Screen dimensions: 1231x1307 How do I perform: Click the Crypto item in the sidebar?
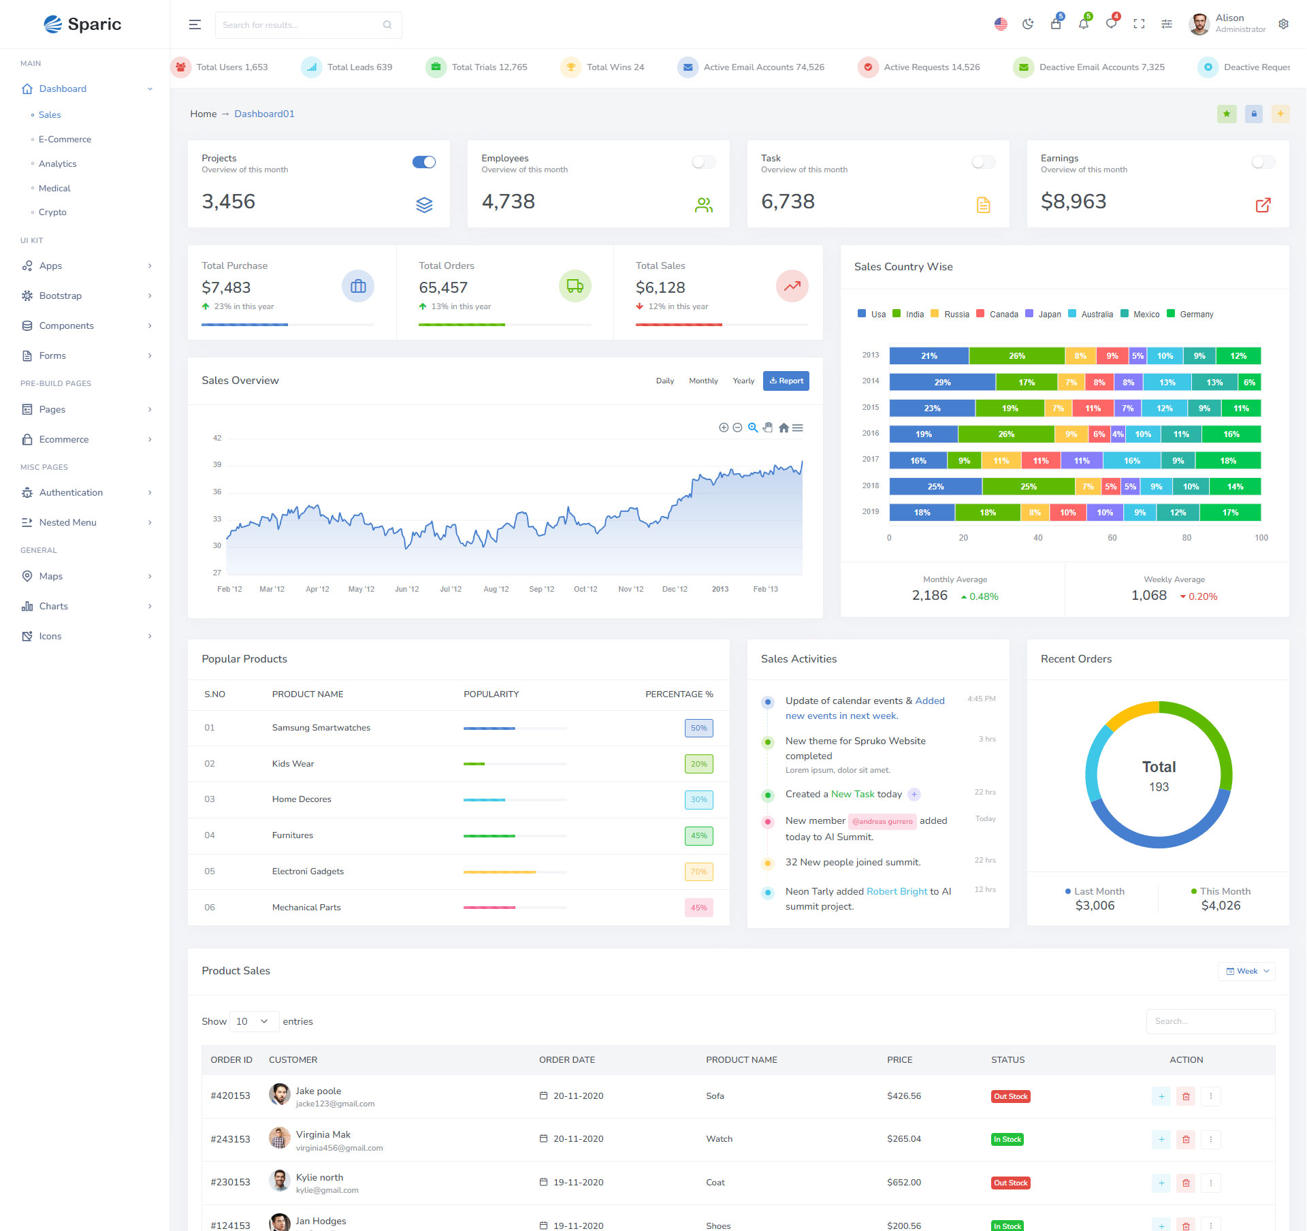(52, 212)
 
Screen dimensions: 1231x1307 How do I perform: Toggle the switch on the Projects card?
(423, 162)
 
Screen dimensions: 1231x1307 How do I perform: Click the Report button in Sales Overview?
(786, 381)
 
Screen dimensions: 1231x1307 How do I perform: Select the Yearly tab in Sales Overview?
(743, 381)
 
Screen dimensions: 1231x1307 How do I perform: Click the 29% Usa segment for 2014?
(941, 383)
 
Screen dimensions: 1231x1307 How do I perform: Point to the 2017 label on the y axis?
(870, 460)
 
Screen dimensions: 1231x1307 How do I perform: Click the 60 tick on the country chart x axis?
(1112, 538)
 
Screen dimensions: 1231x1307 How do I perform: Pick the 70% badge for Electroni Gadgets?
(698, 872)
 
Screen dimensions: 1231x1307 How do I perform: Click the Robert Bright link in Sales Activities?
(897, 891)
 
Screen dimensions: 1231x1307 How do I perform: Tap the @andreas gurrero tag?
(882, 821)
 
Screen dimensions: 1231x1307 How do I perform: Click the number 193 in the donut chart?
(1159, 787)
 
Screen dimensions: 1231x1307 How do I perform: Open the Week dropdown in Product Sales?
(1246, 972)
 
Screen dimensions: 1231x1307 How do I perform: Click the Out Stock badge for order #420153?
(1010, 1096)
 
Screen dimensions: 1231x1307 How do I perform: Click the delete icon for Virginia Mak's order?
(1186, 1140)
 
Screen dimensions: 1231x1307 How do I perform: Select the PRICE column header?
(899, 1060)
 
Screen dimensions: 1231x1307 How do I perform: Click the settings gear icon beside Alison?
(1283, 25)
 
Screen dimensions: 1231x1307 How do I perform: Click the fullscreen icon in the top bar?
(1139, 25)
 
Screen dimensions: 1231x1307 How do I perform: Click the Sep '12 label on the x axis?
(541, 590)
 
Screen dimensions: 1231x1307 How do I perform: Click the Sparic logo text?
(94, 25)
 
